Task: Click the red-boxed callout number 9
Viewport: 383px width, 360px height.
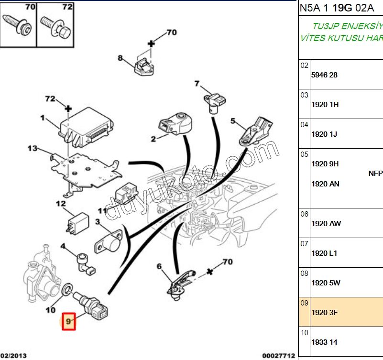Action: coord(69,322)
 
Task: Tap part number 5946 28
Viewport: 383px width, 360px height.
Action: coord(324,75)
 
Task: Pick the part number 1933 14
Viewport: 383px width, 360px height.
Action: coord(324,342)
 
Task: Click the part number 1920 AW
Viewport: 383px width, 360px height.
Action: coord(326,223)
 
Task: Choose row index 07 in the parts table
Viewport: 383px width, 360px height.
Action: coord(305,244)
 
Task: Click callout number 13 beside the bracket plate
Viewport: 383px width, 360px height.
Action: coord(32,148)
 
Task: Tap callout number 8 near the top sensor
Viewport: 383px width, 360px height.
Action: coord(120,58)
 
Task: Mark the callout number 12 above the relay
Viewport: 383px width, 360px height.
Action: coord(61,204)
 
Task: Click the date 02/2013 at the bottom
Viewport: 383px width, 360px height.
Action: coord(13,356)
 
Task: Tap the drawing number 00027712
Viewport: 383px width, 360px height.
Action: coord(278,356)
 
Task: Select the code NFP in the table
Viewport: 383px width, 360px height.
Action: coord(375,174)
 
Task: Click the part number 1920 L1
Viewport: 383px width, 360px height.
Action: coord(324,253)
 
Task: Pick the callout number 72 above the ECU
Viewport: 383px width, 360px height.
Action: coord(50,99)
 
